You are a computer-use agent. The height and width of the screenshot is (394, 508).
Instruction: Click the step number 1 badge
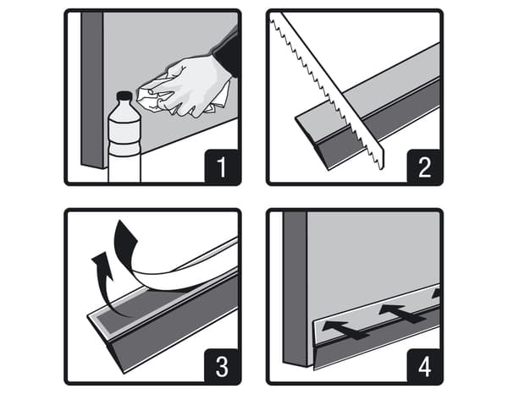tap(222, 167)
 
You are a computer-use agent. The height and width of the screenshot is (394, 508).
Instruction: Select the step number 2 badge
tap(424, 167)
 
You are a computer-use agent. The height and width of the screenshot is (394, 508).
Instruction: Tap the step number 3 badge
tap(222, 366)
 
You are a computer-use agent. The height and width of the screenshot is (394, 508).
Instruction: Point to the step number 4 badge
tap(424, 366)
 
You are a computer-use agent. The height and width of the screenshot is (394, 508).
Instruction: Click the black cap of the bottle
tap(124, 96)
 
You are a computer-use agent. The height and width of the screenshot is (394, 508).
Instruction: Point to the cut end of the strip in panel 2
tap(311, 142)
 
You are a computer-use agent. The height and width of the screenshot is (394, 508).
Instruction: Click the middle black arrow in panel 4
tap(401, 313)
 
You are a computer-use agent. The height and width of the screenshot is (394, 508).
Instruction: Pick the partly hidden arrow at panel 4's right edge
tap(437, 293)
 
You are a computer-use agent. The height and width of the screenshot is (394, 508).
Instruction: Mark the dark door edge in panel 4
tap(295, 289)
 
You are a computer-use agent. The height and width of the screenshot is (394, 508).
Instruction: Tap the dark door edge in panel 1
tap(93, 90)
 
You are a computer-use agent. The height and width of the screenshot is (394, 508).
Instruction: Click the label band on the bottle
tap(124, 132)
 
